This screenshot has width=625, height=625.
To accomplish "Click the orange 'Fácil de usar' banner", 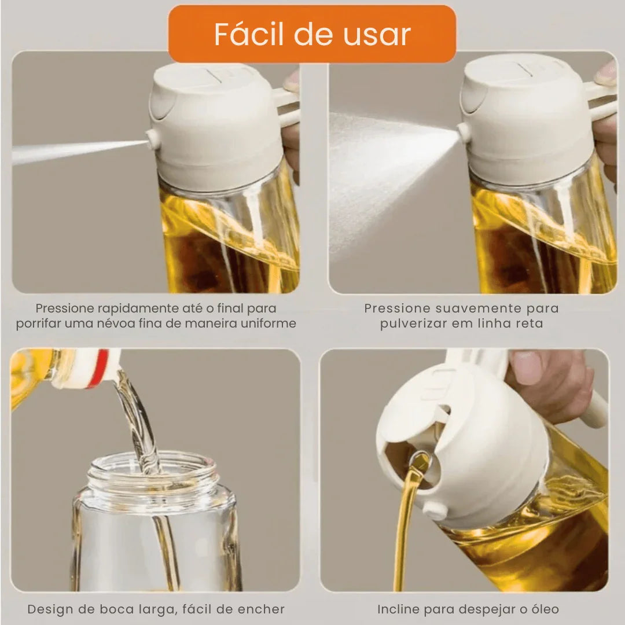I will pyautogui.click(x=312, y=34).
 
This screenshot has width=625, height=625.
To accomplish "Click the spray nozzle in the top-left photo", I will pyautogui.click(x=152, y=138).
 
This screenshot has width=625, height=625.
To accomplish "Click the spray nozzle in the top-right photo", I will pyautogui.click(x=463, y=131).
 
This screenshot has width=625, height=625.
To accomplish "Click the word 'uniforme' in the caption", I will pyautogui.click(x=266, y=323).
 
